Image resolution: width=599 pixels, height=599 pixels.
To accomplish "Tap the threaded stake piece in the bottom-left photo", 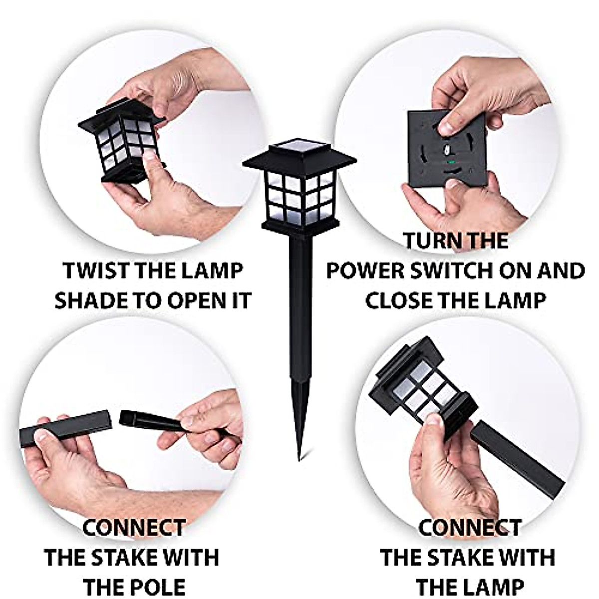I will [x=150, y=422].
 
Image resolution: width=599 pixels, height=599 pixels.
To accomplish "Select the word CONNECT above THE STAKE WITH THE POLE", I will [x=134, y=528].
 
